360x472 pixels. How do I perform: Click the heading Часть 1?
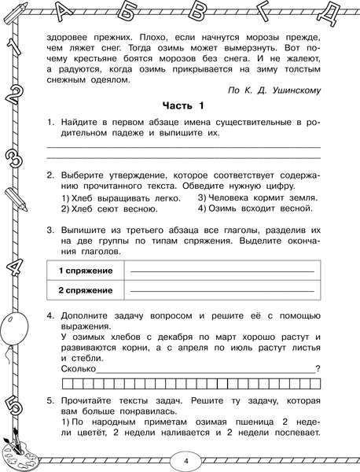point(182,105)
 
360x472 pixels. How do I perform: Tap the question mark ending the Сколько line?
point(317,367)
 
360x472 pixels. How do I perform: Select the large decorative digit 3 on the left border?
point(14,155)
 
